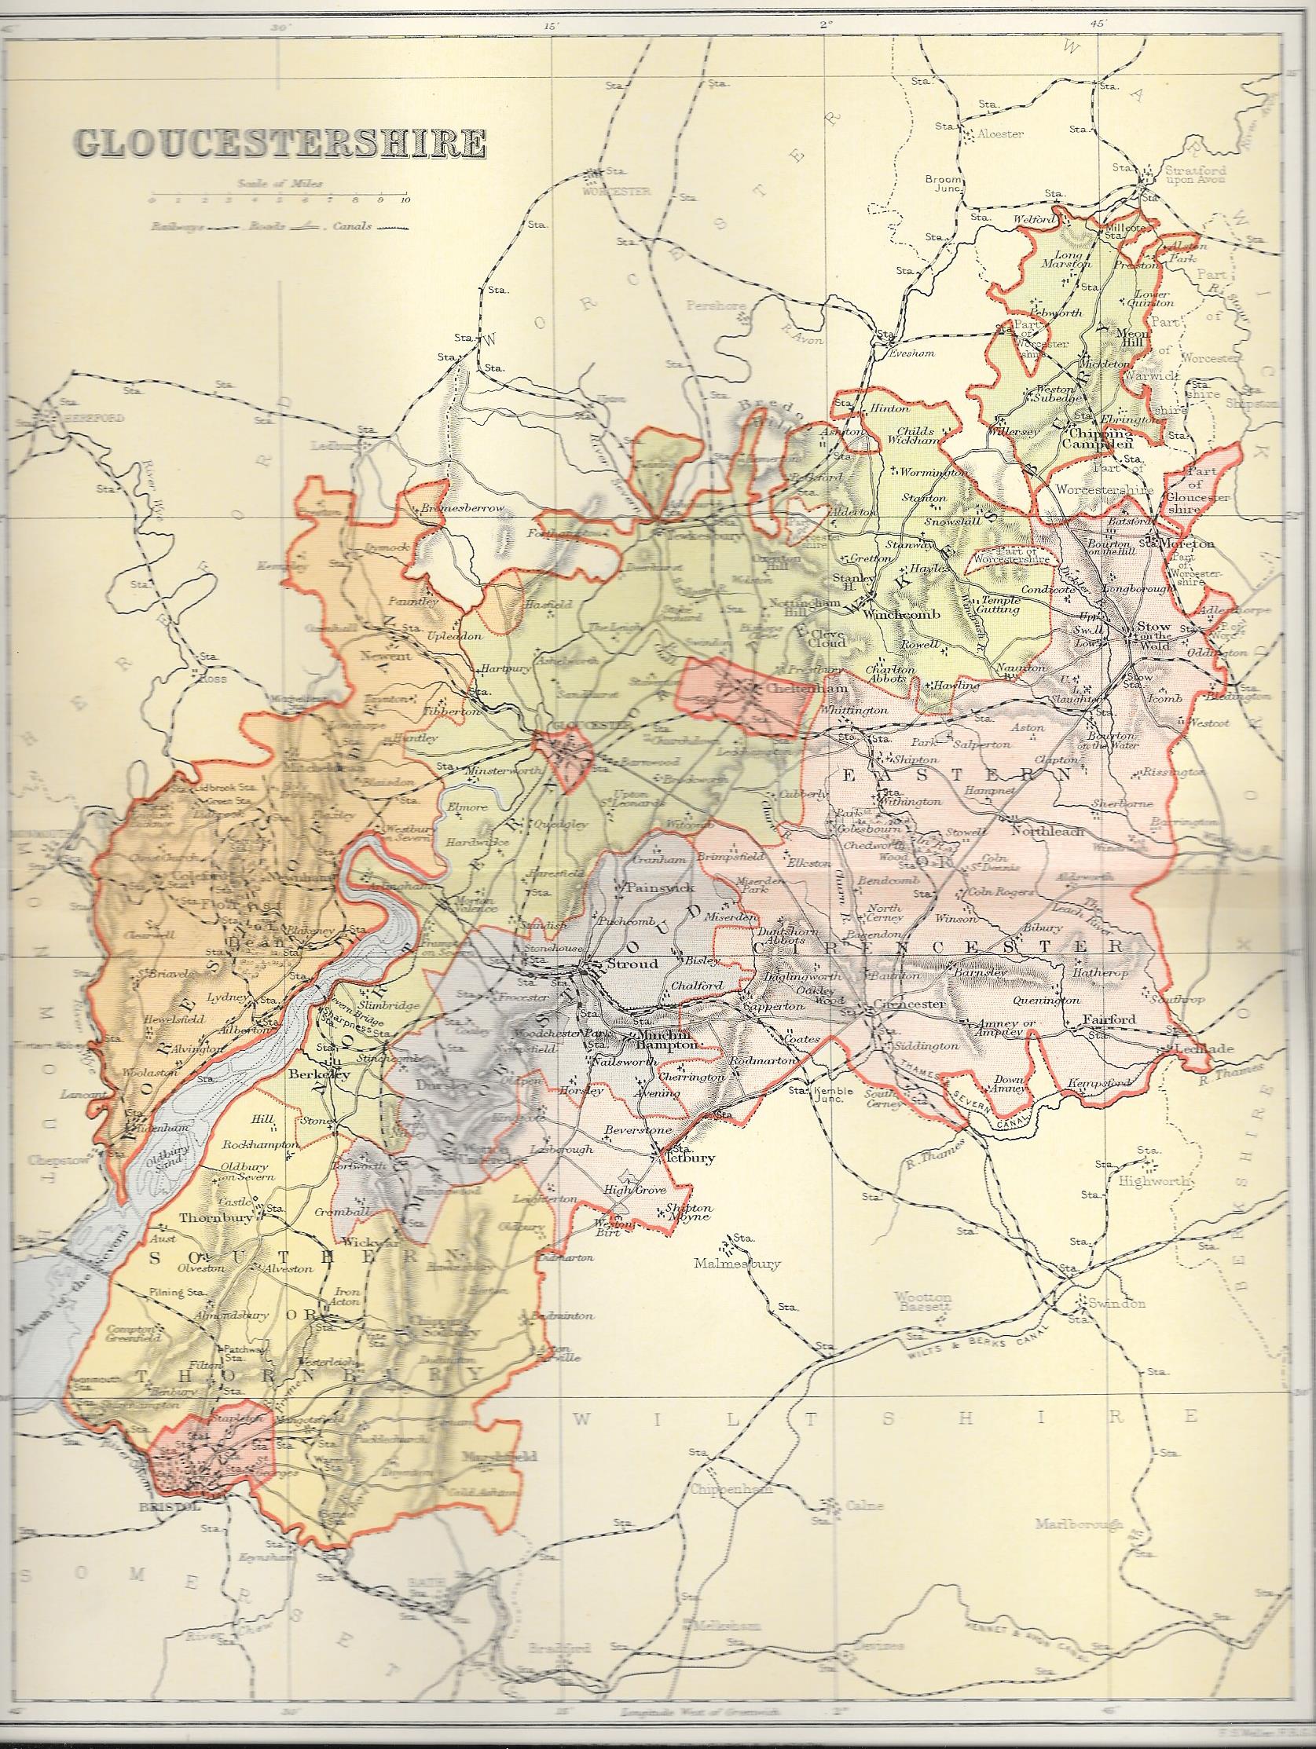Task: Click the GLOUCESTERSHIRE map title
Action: click(x=279, y=144)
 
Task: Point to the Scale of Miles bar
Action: click(x=278, y=194)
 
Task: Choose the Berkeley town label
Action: click(x=314, y=1075)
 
